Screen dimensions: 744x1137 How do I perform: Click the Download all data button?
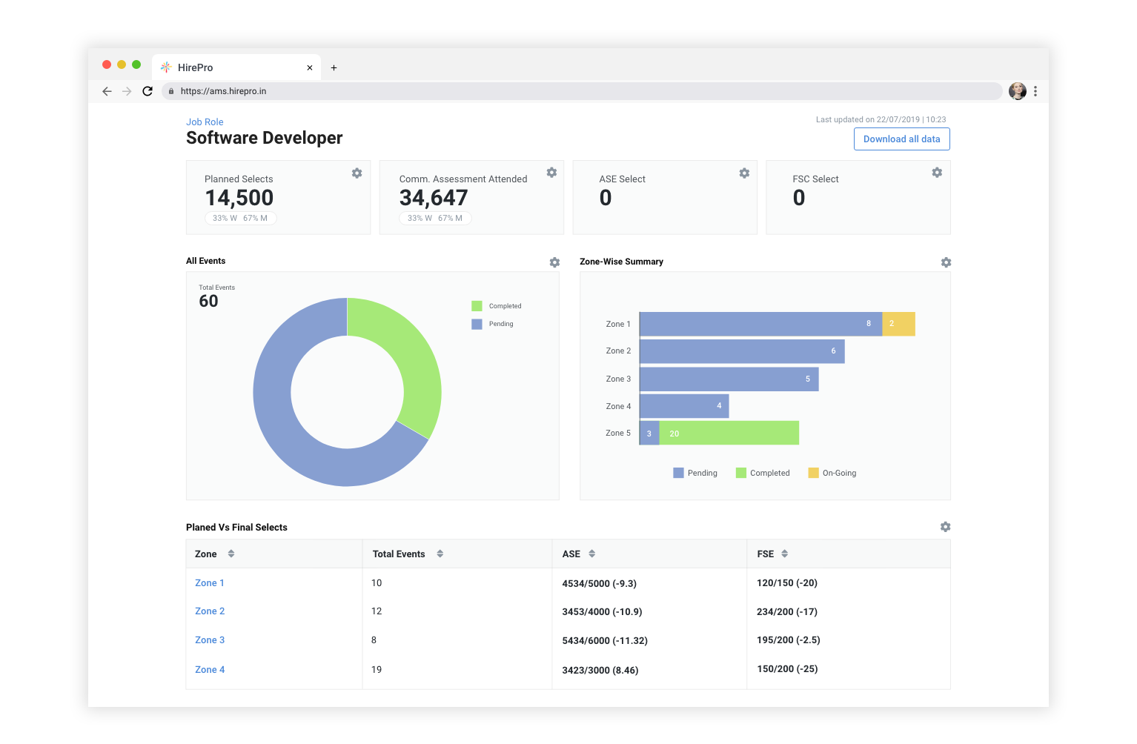[901, 139]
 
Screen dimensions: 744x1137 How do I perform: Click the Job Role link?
[205, 122]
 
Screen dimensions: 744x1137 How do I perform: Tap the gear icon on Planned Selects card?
[357, 173]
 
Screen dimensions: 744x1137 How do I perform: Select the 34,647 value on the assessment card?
[434, 198]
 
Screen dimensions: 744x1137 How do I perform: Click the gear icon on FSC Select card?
[937, 173]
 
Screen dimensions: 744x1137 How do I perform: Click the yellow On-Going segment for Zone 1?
[898, 324]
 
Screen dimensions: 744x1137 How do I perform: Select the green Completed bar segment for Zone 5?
[729, 434]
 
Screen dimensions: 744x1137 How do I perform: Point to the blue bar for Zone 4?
[683, 406]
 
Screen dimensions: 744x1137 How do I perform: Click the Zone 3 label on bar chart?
[618, 379]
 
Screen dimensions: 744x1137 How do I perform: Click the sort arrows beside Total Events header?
[440, 554]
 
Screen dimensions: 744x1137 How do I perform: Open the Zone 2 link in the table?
[210, 611]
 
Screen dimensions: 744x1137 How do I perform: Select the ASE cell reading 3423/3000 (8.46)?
[600, 670]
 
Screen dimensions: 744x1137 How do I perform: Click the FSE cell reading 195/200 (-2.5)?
[788, 640]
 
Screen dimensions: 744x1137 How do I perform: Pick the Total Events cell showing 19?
[377, 670]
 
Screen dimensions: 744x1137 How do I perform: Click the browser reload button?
[147, 91]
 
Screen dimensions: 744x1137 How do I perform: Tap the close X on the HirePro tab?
[310, 67]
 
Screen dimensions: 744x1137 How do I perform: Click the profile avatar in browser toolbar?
[1017, 91]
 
